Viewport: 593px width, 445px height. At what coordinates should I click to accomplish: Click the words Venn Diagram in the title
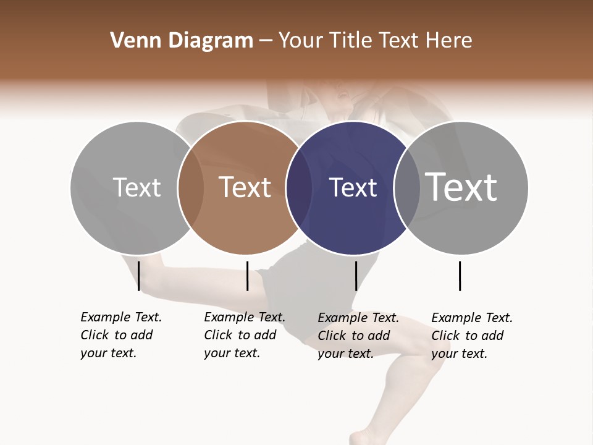[182, 41]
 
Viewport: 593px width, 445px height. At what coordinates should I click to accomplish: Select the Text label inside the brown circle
[245, 187]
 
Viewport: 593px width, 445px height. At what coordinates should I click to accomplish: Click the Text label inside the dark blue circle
[353, 188]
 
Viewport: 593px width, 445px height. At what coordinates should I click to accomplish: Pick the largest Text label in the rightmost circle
[461, 187]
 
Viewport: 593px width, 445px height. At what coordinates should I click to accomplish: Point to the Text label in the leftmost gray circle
[137, 187]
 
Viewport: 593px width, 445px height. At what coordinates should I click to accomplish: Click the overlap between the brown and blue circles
[298, 187]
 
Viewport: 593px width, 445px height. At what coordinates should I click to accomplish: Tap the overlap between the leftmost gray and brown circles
[191, 187]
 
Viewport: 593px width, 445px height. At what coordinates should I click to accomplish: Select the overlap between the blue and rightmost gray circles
[406, 187]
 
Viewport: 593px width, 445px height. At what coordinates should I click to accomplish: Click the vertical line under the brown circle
[247, 276]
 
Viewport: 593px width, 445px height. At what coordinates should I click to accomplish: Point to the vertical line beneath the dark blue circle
[356, 276]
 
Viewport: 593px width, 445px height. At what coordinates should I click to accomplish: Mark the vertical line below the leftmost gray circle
[139, 276]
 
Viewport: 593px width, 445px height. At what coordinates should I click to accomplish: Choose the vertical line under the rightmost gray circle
[460, 276]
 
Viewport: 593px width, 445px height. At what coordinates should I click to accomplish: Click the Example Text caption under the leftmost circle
[120, 335]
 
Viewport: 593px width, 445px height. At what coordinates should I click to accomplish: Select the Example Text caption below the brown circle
[244, 335]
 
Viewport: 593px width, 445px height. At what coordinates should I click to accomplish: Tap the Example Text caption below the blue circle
[358, 336]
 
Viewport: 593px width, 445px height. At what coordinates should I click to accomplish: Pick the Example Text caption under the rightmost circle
[471, 336]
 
